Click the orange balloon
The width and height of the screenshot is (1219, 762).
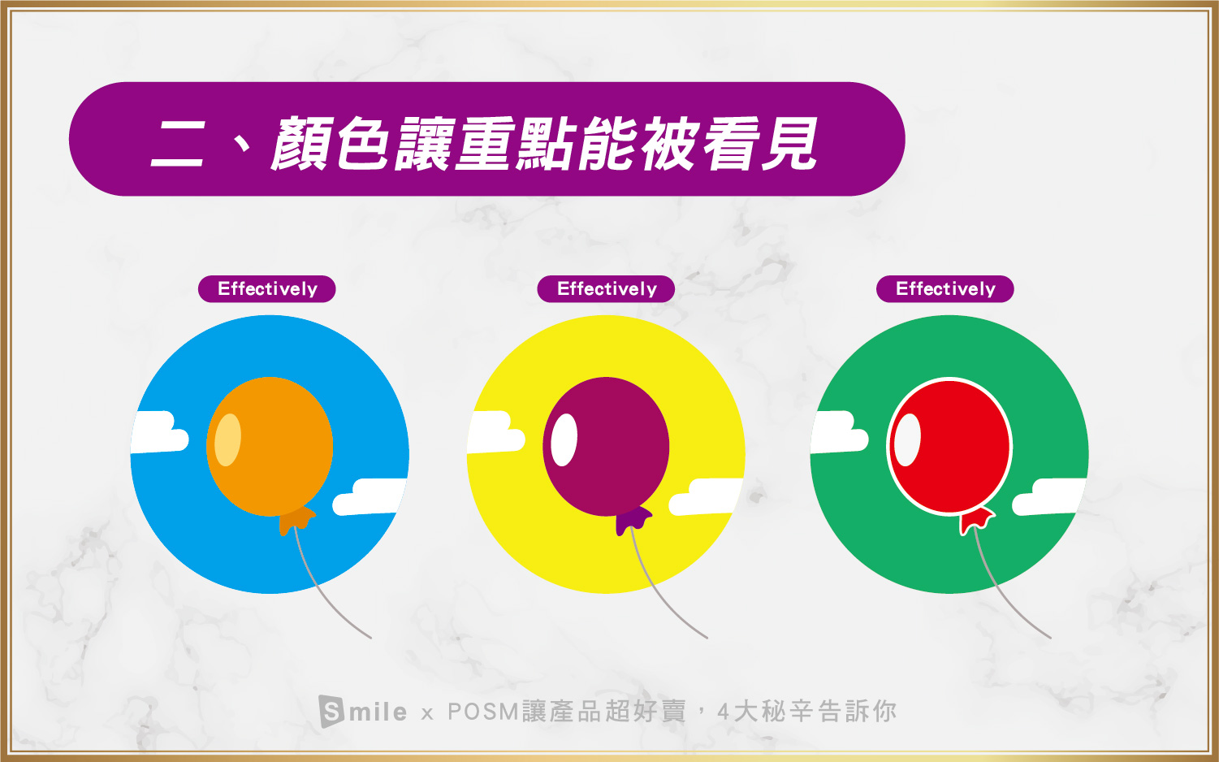tap(270, 446)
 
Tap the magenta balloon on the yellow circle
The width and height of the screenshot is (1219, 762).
tap(606, 446)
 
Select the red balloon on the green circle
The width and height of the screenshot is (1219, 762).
tap(949, 446)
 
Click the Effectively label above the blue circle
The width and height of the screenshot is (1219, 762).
tap(266, 289)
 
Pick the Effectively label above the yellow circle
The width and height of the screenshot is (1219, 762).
tap(606, 289)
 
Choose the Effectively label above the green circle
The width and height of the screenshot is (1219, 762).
tap(945, 289)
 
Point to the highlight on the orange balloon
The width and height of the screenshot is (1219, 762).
tap(227, 439)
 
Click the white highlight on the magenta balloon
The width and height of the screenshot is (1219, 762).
tap(564, 439)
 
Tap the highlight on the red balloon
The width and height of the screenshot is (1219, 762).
tap(907, 439)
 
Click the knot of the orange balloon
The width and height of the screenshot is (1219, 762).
tap(296, 521)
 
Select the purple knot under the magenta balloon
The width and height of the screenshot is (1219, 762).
tap(633, 521)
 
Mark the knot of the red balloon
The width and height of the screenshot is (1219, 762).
tap(976, 521)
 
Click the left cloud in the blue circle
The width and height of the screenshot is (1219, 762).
tap(159, 433)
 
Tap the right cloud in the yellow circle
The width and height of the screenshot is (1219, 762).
tap(706, 497)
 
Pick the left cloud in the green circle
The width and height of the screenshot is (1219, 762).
tap(839, 433)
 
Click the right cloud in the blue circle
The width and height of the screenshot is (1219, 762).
tap(370, 497)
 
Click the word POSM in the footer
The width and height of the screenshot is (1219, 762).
tap(483, 712)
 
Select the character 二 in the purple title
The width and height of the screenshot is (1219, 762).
tap(178, 143)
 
